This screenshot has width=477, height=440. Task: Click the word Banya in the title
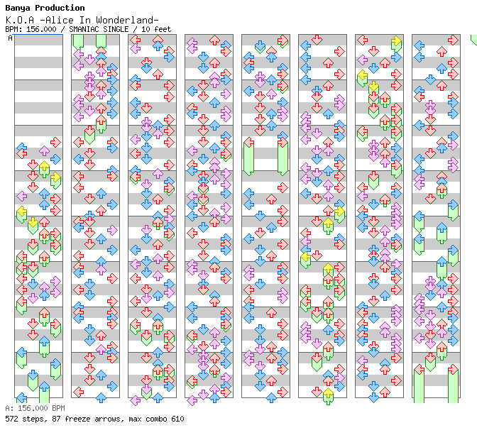click(x=18, y=9)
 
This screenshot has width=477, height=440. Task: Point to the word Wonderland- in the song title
click(x=128, y=20)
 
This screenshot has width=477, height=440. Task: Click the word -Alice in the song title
click(x=57, y=20)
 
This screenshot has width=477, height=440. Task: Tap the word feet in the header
click(x=163, y=29)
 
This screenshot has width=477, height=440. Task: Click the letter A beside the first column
click(x=11, y=38)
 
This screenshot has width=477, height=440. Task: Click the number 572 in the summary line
click(x=11, y=419)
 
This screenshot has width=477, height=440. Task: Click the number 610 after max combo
click(x=177, y=419)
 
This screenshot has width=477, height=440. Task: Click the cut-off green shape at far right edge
click(x=474, y=40)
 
